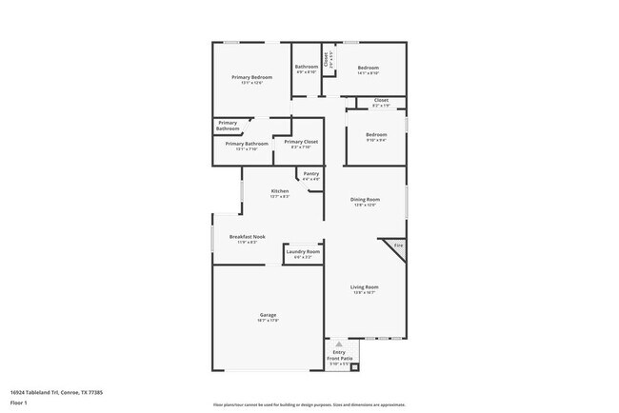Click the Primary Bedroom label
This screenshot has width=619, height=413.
click(252, 77)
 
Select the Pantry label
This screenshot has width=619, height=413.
click(311, 173)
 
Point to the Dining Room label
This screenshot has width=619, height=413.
click(366, 199)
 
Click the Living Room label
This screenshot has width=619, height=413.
click(365, 287)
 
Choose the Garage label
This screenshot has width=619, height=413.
click(268, 315)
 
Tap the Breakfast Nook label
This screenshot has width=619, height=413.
click(247, 237)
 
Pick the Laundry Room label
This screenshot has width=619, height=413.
click(303, 251)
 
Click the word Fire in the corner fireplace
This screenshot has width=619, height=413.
click(399, 246)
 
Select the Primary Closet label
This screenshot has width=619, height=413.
click(301, 142)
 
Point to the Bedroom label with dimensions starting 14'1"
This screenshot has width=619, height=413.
click(368, 68)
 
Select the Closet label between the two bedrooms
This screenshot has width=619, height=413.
click(381, 100)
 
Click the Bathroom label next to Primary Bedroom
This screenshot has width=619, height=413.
click(307, 67)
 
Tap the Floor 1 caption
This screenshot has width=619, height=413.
click(18, 403)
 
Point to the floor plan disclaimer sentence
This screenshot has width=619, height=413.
click(309, 404)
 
